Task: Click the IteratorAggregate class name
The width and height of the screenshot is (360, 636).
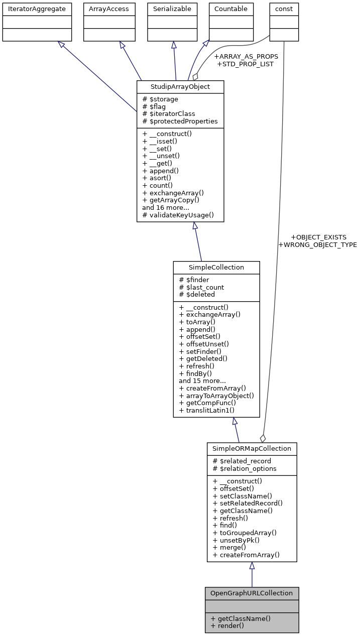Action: coord(37,9)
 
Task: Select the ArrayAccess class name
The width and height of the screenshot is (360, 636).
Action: coord(109,9)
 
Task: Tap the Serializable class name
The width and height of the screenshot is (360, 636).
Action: coord(172,9)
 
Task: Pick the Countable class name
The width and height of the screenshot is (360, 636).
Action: coord(230,9)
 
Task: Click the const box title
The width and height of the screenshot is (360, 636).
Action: coord(284,9)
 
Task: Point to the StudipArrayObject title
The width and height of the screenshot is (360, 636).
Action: coord(180,87)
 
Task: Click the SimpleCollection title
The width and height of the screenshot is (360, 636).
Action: coord(216,268)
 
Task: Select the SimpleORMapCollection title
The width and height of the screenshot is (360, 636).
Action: coord(252,448)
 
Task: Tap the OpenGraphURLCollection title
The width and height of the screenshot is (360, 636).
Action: coord(252,593)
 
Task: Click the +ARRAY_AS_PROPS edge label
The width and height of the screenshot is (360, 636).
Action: coord(246,57)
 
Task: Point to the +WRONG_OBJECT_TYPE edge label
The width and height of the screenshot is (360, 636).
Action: coord(317,245)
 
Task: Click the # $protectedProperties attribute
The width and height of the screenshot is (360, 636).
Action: coord(180,121)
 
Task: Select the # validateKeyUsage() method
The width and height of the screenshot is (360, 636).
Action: coord(178,215)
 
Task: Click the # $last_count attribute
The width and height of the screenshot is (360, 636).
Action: coord(201,287)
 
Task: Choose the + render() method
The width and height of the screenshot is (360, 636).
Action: coord(227,625)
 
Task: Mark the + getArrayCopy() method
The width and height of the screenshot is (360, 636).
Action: coord(171,200)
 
